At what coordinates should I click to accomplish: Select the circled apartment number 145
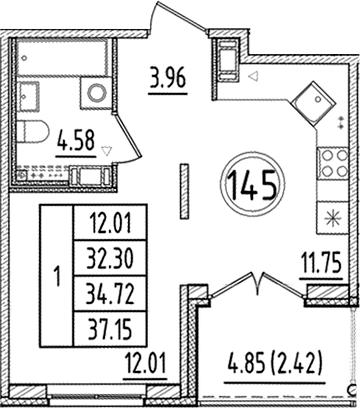[256, 184]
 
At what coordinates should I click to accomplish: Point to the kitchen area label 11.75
[319, 266]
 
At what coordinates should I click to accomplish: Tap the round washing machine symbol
[98, 94]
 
